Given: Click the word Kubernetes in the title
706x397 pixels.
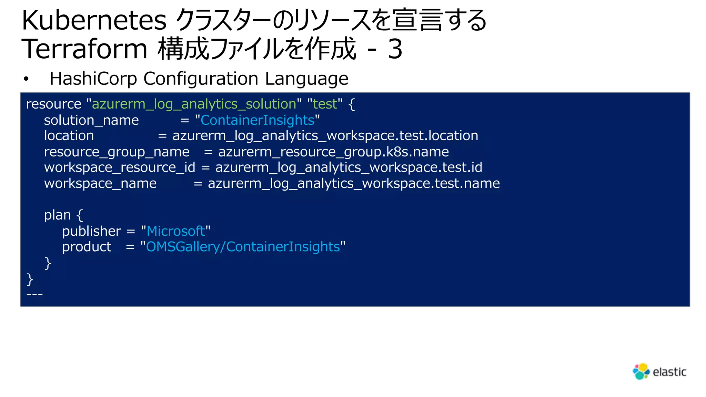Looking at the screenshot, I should pyautogui.click(x=94, y=21).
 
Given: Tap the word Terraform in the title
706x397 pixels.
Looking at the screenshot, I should pyautogui.click(x=84, y=49).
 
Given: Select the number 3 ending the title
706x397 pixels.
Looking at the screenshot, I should pyautogui.click(x=395, y=49).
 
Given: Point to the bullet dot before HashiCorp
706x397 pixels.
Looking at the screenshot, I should pyautogui.click(x=26, y=79).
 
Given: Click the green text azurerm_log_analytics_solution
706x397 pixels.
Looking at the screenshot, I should pyautogui.click(x=194, y=104).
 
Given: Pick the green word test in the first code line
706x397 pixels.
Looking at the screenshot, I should pyautogui.click(x=325, y=104).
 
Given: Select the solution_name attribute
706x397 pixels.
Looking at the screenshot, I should pyautogui.click(x=91, y=120).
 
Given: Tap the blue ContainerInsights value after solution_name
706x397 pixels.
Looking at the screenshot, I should pyautogui.click(x=258, y=120).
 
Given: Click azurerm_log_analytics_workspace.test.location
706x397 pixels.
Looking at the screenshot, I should pyautogui.click(x=325, y=136).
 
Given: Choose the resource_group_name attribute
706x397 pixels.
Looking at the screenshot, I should pyautogui.click(x=117, y=152).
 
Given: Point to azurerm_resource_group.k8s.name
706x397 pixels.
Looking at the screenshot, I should pyautogui.click(x=333, y=152).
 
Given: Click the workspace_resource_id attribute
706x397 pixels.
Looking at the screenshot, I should pyautogui.click(x=120, y=167).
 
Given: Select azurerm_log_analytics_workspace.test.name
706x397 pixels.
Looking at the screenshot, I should pyautogui.click(x=354, y=183).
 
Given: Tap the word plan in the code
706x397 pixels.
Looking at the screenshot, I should pyautogui.click(x=57, y=215).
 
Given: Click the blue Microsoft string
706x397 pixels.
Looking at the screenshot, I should pyautogui.click(x=176, y=231).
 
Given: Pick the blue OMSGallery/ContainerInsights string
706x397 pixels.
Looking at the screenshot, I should pyautogui.click(x=243, y=247).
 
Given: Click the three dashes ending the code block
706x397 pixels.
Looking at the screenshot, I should pyautogui.click(x=34, y=294).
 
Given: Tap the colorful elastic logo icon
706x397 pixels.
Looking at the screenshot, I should pyautogui.click(x=641, y=371).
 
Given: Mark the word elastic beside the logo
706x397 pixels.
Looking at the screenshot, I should pyautogui.click(x=669, y=372).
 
